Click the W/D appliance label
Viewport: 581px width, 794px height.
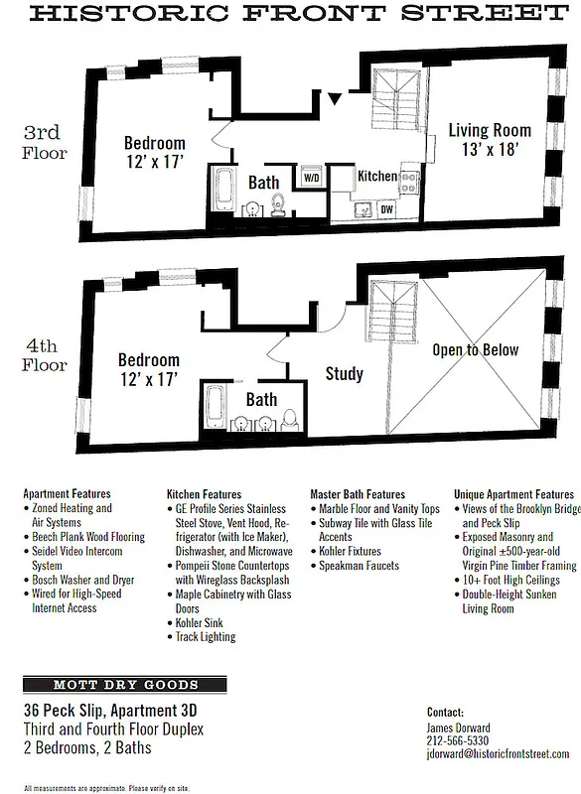coord(311,180)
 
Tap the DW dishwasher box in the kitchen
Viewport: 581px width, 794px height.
coord(386,209)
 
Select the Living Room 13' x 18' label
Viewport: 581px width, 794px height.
coord(489,140)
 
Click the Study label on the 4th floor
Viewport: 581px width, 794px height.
coord(344,374)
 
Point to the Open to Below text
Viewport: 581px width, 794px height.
coord(475,350)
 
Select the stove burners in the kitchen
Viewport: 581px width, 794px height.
coord(408,183)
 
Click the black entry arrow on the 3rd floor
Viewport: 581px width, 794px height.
coord(336,97)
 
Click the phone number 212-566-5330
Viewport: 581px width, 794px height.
coord(458,740)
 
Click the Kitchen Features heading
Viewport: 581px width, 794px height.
coord(204,493)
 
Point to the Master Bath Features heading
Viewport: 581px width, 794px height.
coord(358,493)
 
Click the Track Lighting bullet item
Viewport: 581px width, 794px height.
coord(205,636)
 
